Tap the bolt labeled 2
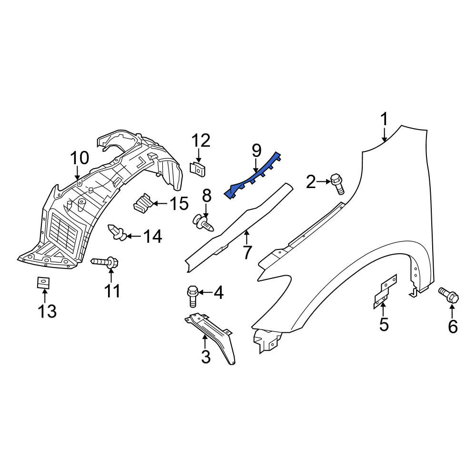[x=337, y=183]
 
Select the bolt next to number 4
[x=192, y=296]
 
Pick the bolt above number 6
[x=449, y=295]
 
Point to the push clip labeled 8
[x=204, y=222]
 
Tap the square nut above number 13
[x=43, y=283]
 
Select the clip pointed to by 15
[x=142, y=203]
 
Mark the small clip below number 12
[x=197, y=169]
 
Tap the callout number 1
[x=384, y=119]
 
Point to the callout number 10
[x=79, y=158]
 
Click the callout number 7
[x=247, y=253]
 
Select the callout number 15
[x=178, y=203]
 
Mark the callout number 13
[x=47, y=311]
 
